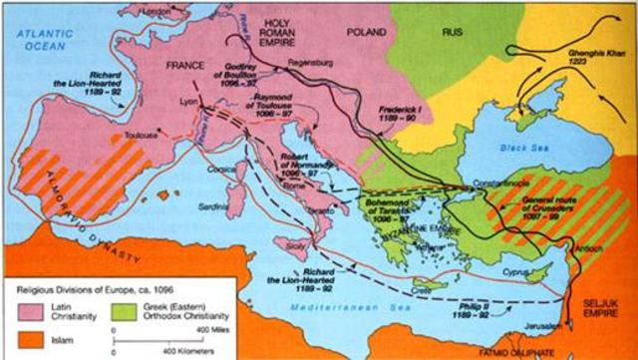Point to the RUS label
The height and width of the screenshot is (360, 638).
pos(454,32)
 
